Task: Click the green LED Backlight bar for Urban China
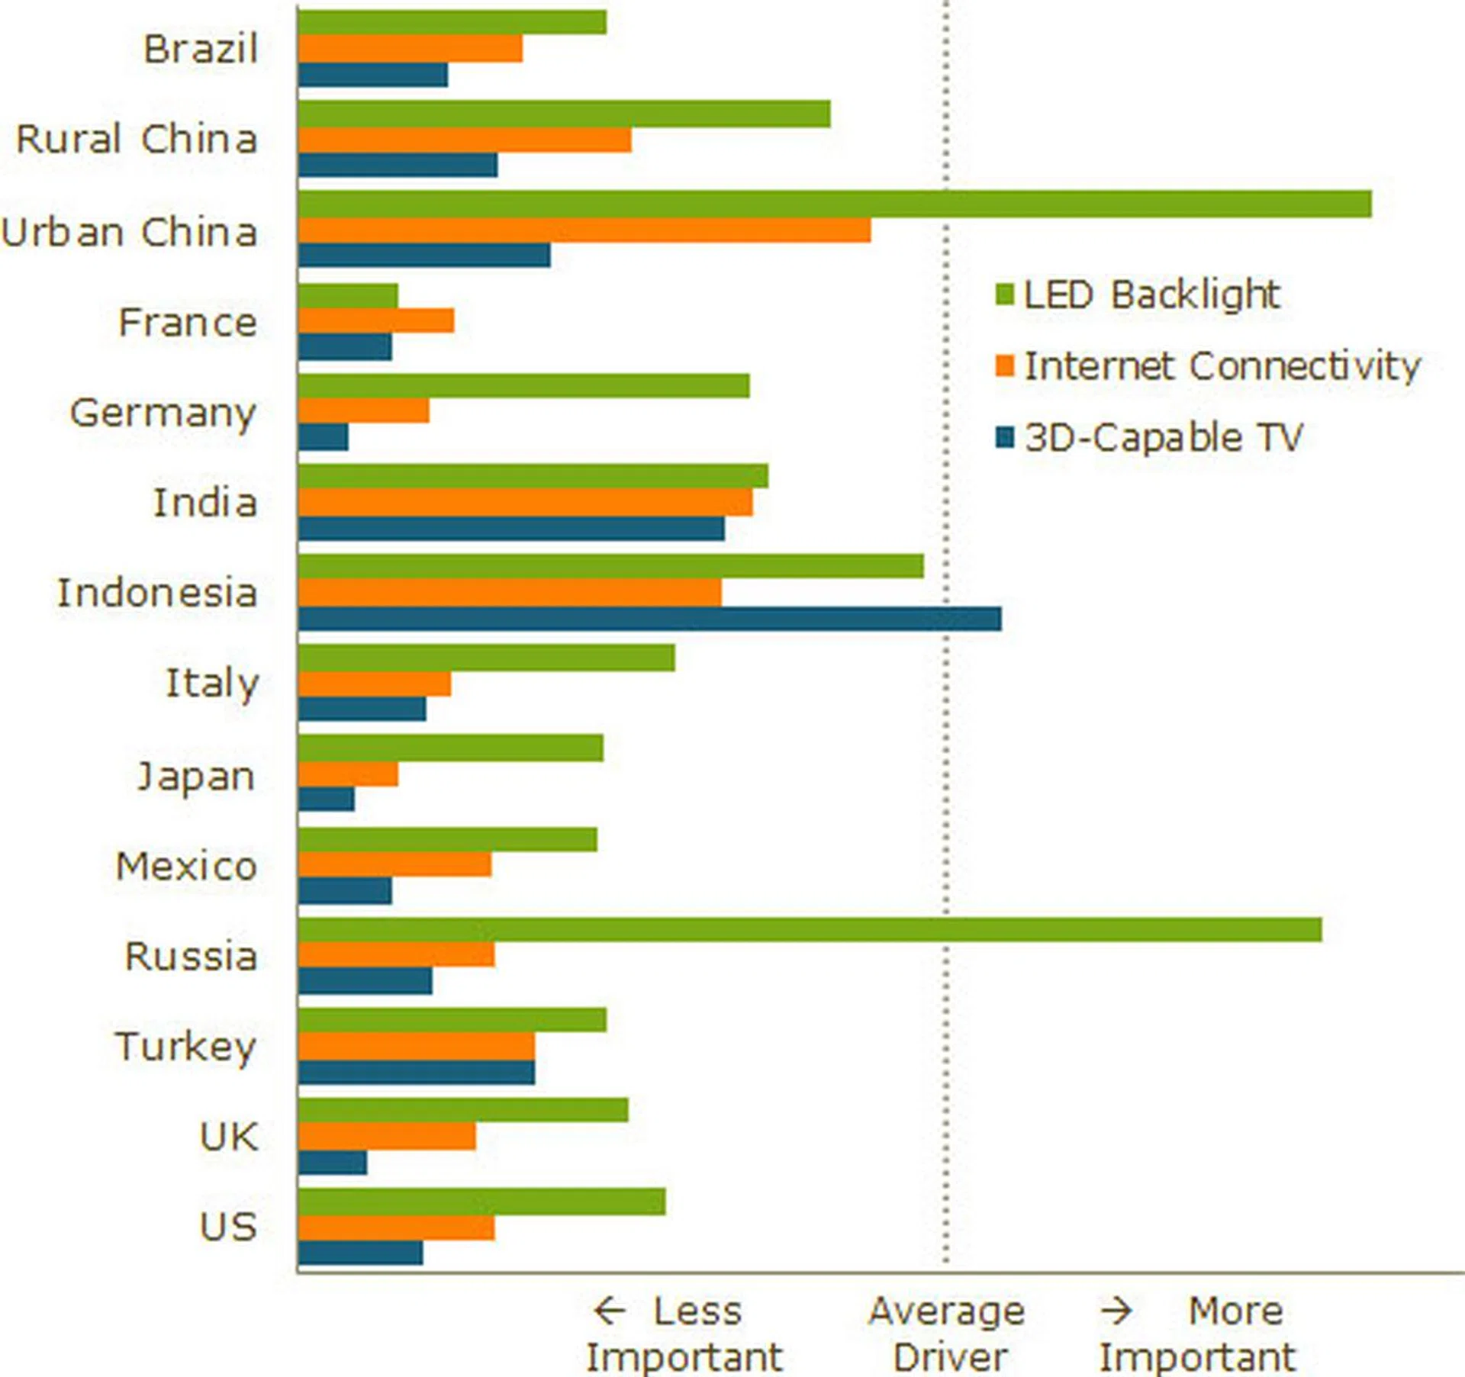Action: pyautogui.click(x=835, y=204)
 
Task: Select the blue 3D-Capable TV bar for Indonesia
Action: pyautogui.click(x=649, y=619)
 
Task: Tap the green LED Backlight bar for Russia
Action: pyautogui.click(x=810, y=930)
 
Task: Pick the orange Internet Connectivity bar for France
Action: pyautogui.click(x=376, y=321)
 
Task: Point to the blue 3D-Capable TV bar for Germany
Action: pyautogui.click(x=324, y=437)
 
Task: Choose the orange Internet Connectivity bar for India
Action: pyautogui.click(x=526, y=502)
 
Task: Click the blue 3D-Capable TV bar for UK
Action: pyautogui.click(x=333, y=1163)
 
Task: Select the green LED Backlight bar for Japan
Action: pyautogui.click(x=450, y=748)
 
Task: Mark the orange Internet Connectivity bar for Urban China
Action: pyautogui.click(x=584, y=230)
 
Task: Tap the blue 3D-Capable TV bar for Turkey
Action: pyautogui.click(x=417, y=1072)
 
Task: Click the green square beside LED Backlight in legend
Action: pyautogui.click(x=1005, y=294)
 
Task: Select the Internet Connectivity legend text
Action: pyautogui.click(x=1222, y=366)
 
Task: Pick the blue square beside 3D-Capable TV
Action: pyautogui.click(x=1005, y=438)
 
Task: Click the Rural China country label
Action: pyautogui.click(x=137, y=140)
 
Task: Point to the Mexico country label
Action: pyautogui.click(x=186, y=867)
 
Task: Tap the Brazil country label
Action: pyautogui.click(x=201, y=50)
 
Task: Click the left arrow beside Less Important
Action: pyautogui.click(x=610, y=1311)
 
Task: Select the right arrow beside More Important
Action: pyautogui.click(x=1116, y=1311)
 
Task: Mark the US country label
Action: pyautogui.click(x=227, y=1227)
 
